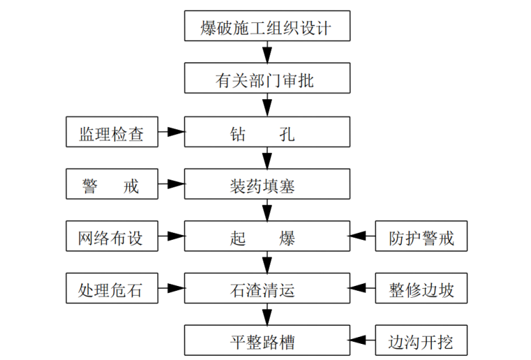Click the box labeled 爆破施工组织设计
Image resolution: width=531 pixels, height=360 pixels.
pyautogui.click(x=266, y=29)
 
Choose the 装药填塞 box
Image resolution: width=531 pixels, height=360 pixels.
pyautogui.click(x=266, y=185)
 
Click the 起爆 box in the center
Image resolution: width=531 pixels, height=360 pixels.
pyautogui.click(x=266, y=237)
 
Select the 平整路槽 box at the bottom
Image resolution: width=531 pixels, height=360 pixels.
pyautogui.click(x=266, y=341)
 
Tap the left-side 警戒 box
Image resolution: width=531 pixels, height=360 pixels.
pyautogui.click(x=112, y=185)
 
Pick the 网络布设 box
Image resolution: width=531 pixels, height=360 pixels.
pyautogui.click(x=112, y=237)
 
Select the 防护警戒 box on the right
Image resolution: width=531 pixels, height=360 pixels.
pyautogui.click(x=421, y=237)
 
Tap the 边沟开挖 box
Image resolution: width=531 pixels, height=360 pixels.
pyautogui.click(x=421, y=341)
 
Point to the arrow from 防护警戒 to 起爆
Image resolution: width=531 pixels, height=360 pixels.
pyautogui.click(x=363, y=237)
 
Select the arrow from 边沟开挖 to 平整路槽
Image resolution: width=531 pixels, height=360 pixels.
pyautogui.click(x=363, y=341)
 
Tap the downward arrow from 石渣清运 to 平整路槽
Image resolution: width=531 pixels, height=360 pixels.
pyautogui.click(x=266, y=315)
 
